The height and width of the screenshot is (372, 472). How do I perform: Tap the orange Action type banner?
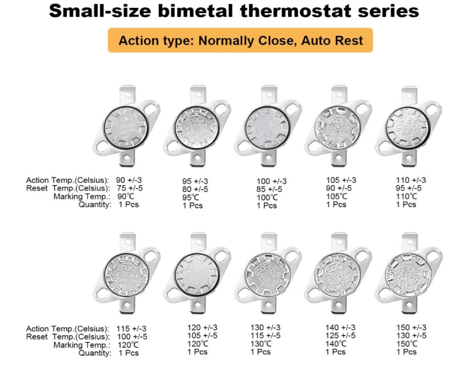tap(240, 40)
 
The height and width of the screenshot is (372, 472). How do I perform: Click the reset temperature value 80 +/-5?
tap(195, 189)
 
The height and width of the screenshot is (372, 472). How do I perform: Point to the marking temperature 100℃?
tap(267, 198)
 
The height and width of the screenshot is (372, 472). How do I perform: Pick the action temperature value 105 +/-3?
tap(341, 180)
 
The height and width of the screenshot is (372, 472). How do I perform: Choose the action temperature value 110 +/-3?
tap(411, 180)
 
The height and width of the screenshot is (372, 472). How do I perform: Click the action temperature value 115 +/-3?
tap(131, 329)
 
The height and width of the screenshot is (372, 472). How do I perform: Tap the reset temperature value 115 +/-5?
tap(265, 336)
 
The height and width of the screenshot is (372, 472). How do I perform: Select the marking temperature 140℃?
tap(336, 344)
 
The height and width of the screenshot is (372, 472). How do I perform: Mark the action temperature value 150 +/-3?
tap(411, 328)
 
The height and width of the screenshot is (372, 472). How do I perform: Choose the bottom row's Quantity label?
tap(95, 353)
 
